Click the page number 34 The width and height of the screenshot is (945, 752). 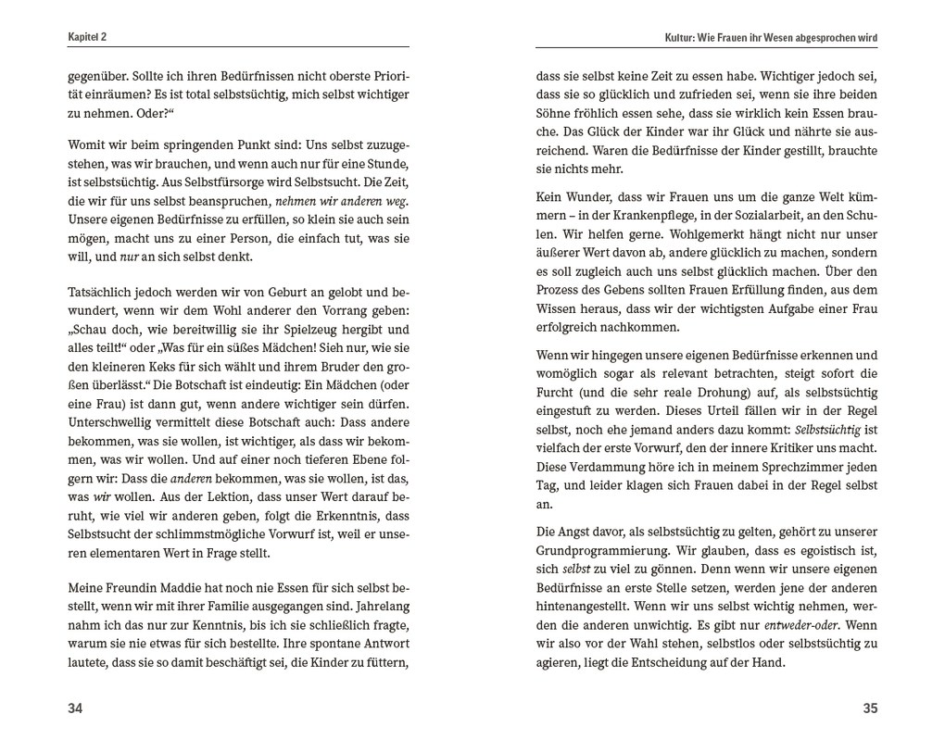click(75, 708)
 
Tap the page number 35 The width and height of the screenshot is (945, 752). click(869, 708)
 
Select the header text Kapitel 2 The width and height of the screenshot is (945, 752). click(87, 37)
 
